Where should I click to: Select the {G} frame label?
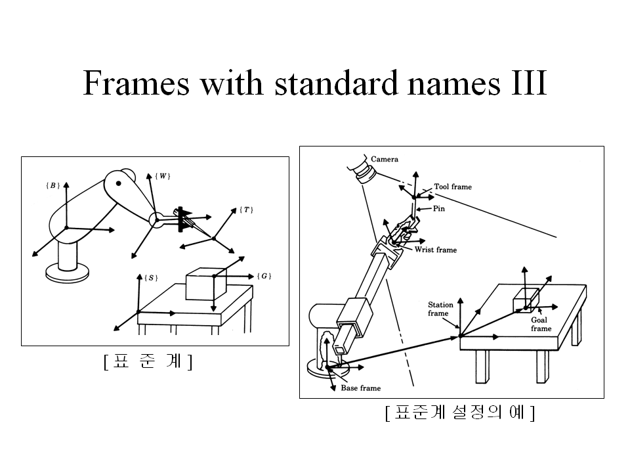263,276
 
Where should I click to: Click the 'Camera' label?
385,159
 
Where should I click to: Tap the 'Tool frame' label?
453,187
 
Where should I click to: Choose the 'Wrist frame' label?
436,250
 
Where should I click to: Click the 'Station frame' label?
440,309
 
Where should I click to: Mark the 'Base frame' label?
360,388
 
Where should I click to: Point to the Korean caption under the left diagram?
148,361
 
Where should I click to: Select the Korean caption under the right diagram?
460,413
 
